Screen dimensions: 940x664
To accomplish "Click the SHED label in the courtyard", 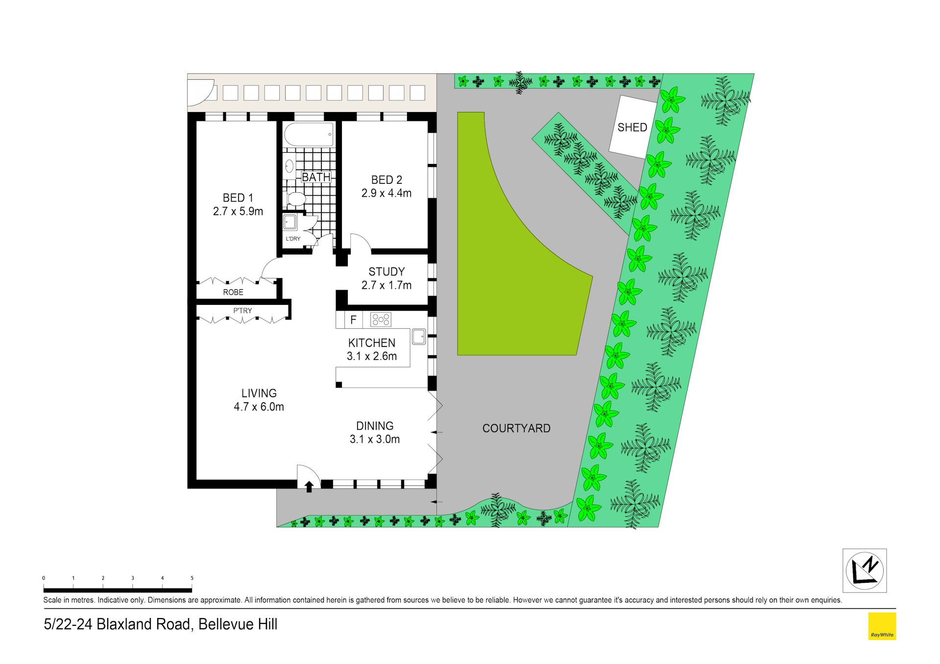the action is click(x=632, y=127).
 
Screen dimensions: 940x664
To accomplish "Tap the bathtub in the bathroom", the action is click(x=309, y=134).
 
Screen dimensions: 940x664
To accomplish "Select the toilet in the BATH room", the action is click(x=295, y=198).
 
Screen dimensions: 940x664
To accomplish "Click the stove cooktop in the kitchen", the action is click(x=381, y=320).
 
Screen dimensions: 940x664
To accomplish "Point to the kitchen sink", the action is click(x=419, y=336).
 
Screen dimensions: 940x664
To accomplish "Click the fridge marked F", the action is click(x=353, y=320).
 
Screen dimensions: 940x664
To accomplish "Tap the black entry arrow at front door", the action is click(x=309, y=486).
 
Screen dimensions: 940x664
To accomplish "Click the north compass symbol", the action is click(x=865, y=571).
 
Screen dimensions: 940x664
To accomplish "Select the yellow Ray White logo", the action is click(x=882, y=626).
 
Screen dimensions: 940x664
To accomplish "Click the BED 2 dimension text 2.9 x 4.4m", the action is click(x=386, y=193).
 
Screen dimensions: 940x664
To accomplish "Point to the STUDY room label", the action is click(x=386, y=272).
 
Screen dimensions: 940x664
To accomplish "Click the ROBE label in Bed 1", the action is click(x=233, y=292).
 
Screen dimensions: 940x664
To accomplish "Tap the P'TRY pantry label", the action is click(x=242, y=311).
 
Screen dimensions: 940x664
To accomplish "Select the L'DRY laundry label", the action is click(x=293, y=239).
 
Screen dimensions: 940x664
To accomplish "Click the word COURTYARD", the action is click(x=516, y=429).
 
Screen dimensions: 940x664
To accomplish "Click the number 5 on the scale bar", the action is click(x=192, y=578).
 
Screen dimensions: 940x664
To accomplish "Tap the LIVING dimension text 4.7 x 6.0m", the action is click(x=259, y=407).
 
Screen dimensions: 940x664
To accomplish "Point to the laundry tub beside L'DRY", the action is click(x=290, y=222).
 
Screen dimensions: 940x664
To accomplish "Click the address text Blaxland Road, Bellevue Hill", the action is click(x=187, y=624).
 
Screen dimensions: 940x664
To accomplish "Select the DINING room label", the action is click(x=375, y=426).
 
